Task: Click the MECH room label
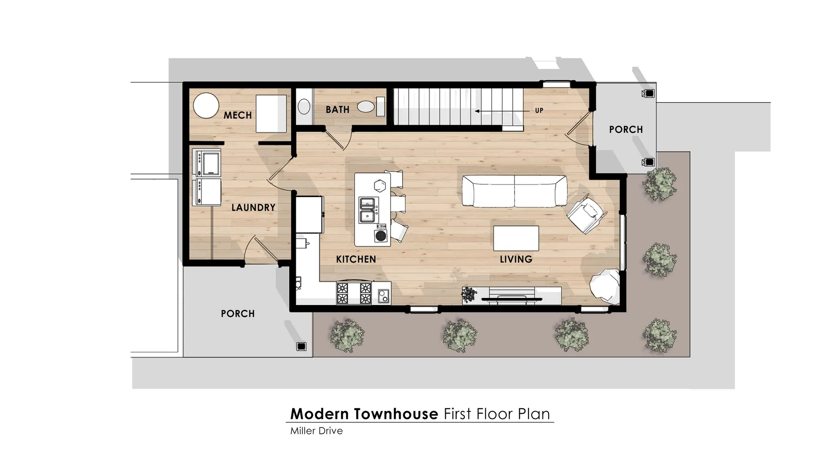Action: click(x=237, y=115)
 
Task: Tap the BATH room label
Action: click(x=337, y=110)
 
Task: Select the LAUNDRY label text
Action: click(x=254, y=207)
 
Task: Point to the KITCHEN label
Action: click(x=356, y=259)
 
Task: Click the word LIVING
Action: click(x=516, y=259)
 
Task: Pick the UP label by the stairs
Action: click(x=539, y=111)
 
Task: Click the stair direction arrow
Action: click(x=502, y=111)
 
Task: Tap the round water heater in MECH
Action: click(x=206, y=106)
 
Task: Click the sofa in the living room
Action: click(x=514, y=191)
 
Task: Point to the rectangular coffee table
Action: click(x=516, y=238)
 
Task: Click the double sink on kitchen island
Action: click(x=367, y=210)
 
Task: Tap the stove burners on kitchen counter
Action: click(x=354, y=293)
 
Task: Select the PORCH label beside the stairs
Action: click(x=626, y=130)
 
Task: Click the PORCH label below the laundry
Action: click(x=238, y=314)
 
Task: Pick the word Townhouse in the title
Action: click(x=396, y=414)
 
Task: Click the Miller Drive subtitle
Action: click(x=316, y=431)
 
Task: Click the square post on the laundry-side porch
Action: click(x=301, y=346)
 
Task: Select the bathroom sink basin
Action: click(x=304, y=106)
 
